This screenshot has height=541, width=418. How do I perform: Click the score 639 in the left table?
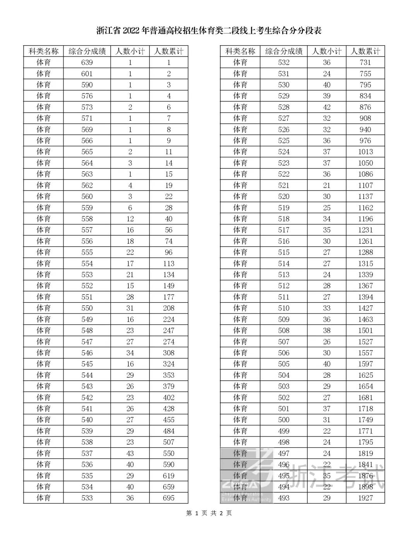[87, 63]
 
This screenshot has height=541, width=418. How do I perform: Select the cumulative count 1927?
[365, 498]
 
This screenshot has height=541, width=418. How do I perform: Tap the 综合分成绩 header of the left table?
[87, 51]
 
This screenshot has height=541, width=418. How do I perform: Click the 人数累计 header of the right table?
[365, 51]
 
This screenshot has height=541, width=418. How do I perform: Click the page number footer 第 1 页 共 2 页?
[209, 513]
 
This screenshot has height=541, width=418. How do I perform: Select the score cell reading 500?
[284, 419]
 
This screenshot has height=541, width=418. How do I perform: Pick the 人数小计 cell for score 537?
[130, 453]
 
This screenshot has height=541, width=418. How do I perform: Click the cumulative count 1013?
[365, 152]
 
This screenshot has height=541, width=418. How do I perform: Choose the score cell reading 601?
[87, 74]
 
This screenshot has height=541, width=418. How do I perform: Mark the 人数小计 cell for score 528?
[327, 107]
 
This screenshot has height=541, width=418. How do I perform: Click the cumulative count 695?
[169, 498]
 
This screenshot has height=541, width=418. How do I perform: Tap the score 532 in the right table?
[284, 63]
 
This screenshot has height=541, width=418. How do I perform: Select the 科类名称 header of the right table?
[240, 51]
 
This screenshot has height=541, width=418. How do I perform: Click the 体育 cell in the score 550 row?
[43, 308]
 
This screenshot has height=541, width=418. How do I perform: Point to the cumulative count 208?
[169, 308]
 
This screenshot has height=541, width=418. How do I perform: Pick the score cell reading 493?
[284, 498]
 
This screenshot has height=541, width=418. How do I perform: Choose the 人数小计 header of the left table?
[130, 51]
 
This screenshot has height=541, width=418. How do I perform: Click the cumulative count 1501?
[365, 330]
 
